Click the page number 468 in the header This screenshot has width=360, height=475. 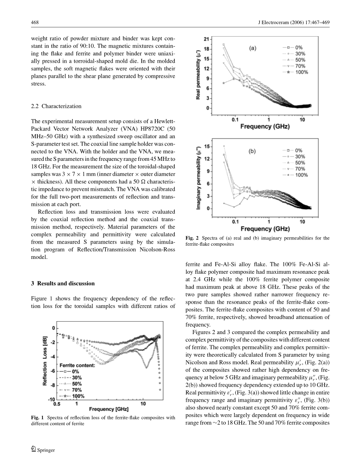pyautogui.click(x=34, y=22)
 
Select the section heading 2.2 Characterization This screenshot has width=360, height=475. pyautogui.click(x=56, y=106)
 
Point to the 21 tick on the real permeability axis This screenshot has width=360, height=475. pyautogui.click(x=206, y=39)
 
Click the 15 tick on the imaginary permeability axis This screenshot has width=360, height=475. pyautogui.click(x=207, y=146)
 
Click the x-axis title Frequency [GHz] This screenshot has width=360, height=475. pyautogui.click(x=109, y=409)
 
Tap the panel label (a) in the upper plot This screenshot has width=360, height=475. pyautogui.click(x=253, y=49)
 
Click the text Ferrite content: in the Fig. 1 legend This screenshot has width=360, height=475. pyautogui.click(x=77, y=365)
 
